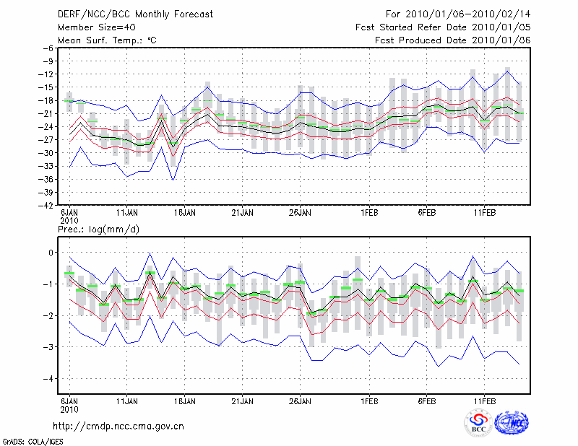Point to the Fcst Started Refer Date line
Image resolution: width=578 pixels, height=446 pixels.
coord(443,27)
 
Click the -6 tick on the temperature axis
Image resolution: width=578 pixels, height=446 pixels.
coord(48,48)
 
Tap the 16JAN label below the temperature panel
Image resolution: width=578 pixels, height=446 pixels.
coord(185,214)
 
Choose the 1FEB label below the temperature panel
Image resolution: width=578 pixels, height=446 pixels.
coord(369,214)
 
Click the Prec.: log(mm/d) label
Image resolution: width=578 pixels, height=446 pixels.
coord(98,229)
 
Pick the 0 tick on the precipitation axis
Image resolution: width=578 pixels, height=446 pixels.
coord(51,252)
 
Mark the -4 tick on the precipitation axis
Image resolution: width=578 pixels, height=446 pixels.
coord(48,378)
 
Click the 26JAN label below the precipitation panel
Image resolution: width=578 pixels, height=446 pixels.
coord(300,400)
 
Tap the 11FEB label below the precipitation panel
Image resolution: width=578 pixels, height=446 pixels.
coord(484,400)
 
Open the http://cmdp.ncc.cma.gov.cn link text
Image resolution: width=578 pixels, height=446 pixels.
coord(118,426)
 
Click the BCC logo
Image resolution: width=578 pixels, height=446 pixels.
coord(478,422)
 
